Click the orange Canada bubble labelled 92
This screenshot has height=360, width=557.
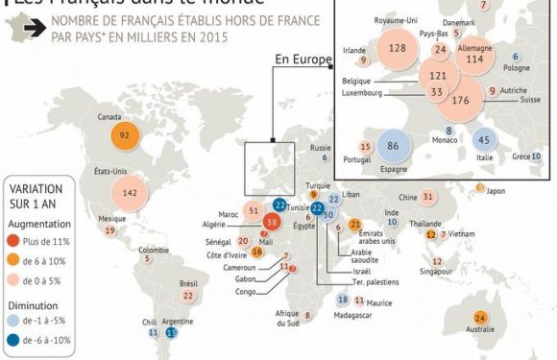(125, 136)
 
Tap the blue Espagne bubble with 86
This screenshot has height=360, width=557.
(392, 146)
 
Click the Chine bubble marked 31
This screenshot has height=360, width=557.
(429, 197)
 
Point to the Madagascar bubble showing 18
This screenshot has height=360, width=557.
(343, 300)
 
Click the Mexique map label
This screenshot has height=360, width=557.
(111, 219)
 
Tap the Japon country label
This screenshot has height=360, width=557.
(496, 190)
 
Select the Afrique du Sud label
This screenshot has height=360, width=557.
(287, 319)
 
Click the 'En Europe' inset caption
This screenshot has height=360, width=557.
(302, 60)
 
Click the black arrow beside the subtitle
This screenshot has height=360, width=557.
(36, 29)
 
